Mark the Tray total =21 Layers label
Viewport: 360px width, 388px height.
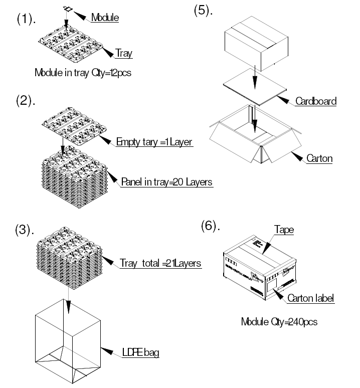pos(160,263)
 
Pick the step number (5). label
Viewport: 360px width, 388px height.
pos(204,11)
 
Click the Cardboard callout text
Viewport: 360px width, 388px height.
pos(315,101)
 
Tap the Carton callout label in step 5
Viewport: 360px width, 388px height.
pos(320,159)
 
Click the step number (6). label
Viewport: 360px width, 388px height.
pos(211,227)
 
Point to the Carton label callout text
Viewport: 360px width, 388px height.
pos(310,298)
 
